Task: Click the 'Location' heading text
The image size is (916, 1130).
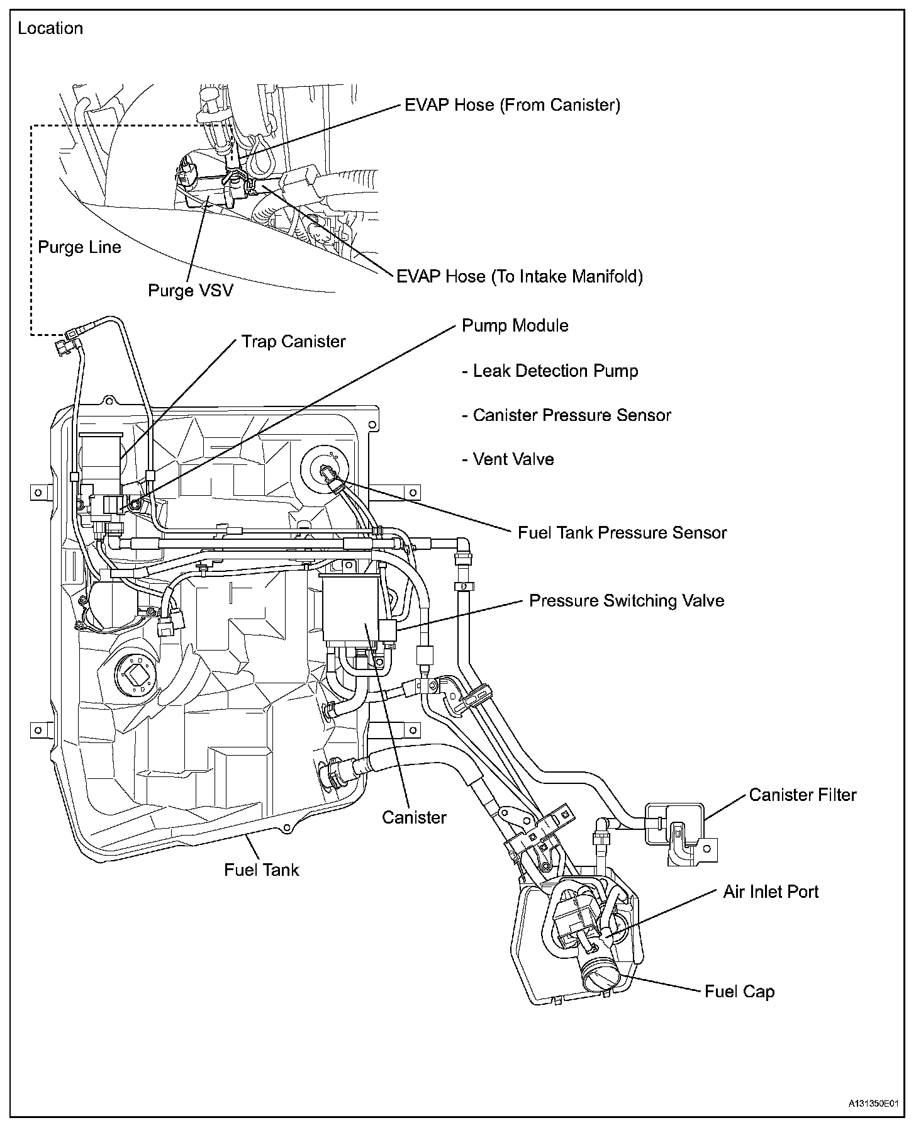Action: (50, 29)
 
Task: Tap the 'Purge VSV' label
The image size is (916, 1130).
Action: (190, 291)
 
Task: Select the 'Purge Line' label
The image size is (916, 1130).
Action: (79, 247)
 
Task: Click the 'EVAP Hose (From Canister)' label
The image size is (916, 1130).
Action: (512, 105)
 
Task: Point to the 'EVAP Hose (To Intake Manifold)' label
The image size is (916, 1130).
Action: (520, 277)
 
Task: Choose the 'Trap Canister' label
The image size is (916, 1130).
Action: (294, 342)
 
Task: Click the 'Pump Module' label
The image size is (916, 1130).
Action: (515, 326)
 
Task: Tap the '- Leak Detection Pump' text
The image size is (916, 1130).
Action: (550, 371)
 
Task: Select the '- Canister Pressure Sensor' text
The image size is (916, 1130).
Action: (566, 416)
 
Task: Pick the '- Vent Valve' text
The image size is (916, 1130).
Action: (508, 460)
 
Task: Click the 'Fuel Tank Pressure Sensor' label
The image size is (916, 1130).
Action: (622, 533)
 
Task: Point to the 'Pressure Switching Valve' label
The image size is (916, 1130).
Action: (627, 601)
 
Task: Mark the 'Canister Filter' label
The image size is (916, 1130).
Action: (803, 795)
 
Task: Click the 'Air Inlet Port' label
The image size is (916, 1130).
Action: (771, 892)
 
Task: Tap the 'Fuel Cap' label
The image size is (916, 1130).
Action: (739, 992)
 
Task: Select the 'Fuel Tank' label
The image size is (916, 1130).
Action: (262, 870)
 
